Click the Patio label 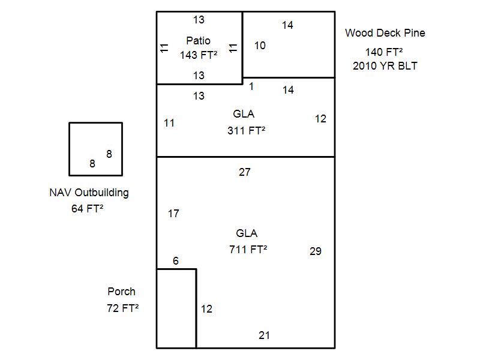[x=198, y=41]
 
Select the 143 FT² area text [x=198, y=55]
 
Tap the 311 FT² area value [x=246, y=130]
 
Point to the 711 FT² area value [x=248, y=250]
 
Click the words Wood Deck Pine [x=385, y=33]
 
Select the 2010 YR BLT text [x=385, y=66]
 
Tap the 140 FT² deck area [x=384, y=52]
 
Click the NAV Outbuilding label [x=89, y=193]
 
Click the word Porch [x=121, y=292]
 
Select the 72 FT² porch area [x=122, y=308]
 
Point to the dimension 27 [x=244, y=172]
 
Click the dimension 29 [x=315, y=251]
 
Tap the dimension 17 [x=173, y=214]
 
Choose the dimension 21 [x=264, y=335]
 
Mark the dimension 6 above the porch [x=176, y=261]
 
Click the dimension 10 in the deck [x=260, y=46]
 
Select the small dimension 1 [x=251, y=86]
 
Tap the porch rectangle [x=176, y=308]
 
